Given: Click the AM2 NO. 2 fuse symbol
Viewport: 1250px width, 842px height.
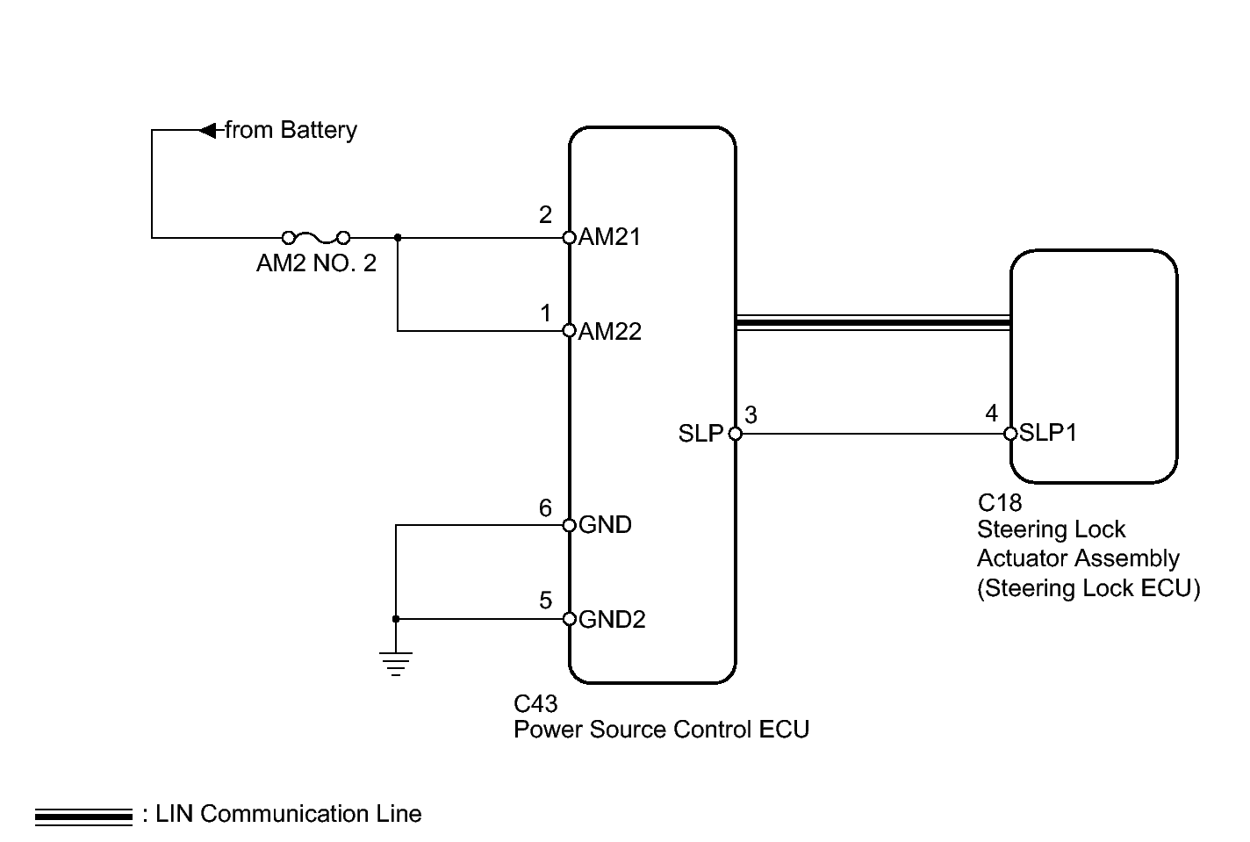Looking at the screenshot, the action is [x=316, y=238].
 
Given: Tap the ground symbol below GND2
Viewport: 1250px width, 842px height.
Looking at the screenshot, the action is [x=396, y=664].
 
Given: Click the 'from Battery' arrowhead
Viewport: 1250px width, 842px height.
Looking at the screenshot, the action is [x=207, y=131].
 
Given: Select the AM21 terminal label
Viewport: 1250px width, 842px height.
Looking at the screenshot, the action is [x=609, y=236].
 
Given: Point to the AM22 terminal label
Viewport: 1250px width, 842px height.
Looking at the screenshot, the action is [x=610, y=331].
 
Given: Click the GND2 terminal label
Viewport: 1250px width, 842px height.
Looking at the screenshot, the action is [x=612, y=619].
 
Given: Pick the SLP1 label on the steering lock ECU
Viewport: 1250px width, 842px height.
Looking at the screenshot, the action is [x=1048, y=433].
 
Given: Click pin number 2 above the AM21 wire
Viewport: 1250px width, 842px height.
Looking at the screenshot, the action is [x=545, y=215].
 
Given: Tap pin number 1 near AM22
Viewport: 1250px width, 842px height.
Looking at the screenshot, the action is [x=546, y=313].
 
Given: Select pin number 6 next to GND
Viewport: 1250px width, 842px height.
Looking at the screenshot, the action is [x=545, y=507].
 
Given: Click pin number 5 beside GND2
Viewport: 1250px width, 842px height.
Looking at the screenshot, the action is [x=545, y=601].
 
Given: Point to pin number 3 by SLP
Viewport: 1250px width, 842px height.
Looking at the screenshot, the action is [x=751, y=415].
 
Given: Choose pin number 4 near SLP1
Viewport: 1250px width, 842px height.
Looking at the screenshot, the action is [x=991, y=414].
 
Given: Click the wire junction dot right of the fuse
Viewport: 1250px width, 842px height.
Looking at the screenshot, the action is [x=398, y=238].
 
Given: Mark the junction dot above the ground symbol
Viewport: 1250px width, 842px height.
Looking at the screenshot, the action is [x=396, y=619].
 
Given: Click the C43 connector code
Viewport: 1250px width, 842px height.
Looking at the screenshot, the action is [x=535, y=703].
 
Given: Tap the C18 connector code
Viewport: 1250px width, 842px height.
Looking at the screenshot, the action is [x=1000, y=503].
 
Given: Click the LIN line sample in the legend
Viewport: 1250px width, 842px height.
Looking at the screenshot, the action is [x=83, y=817].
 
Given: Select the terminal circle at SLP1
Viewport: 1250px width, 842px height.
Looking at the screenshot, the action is [x=1010, y=434].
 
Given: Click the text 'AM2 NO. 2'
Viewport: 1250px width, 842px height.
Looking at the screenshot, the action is [x=316, y=263].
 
